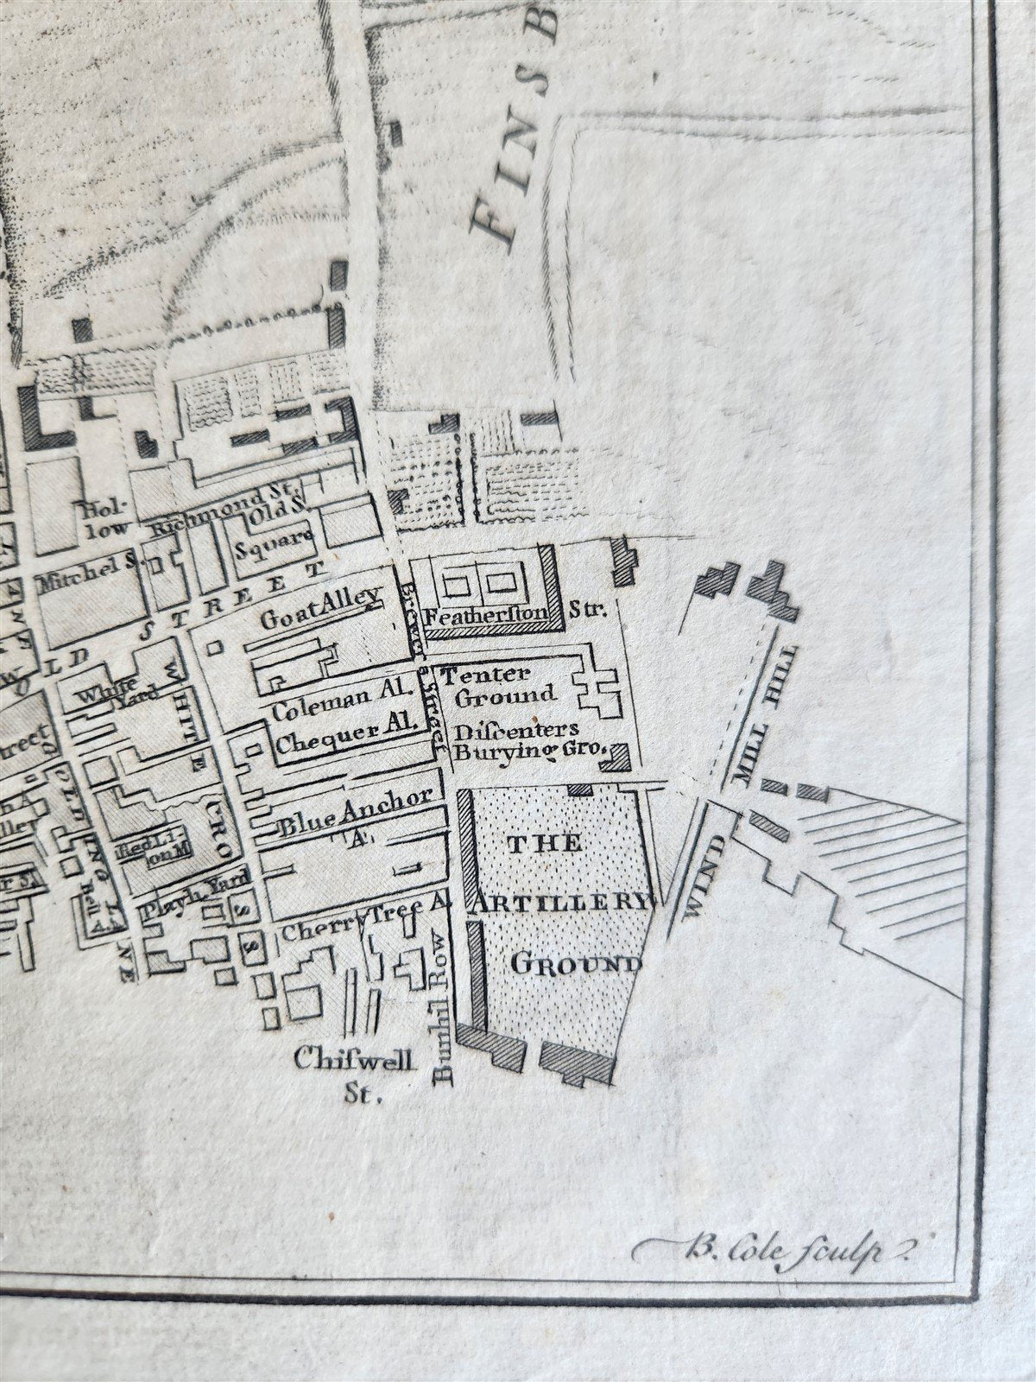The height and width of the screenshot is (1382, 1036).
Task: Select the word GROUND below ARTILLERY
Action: coord(576,963)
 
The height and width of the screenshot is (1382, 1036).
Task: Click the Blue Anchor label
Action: coord(354,809)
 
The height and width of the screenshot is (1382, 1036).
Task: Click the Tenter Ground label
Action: coord(494,684)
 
